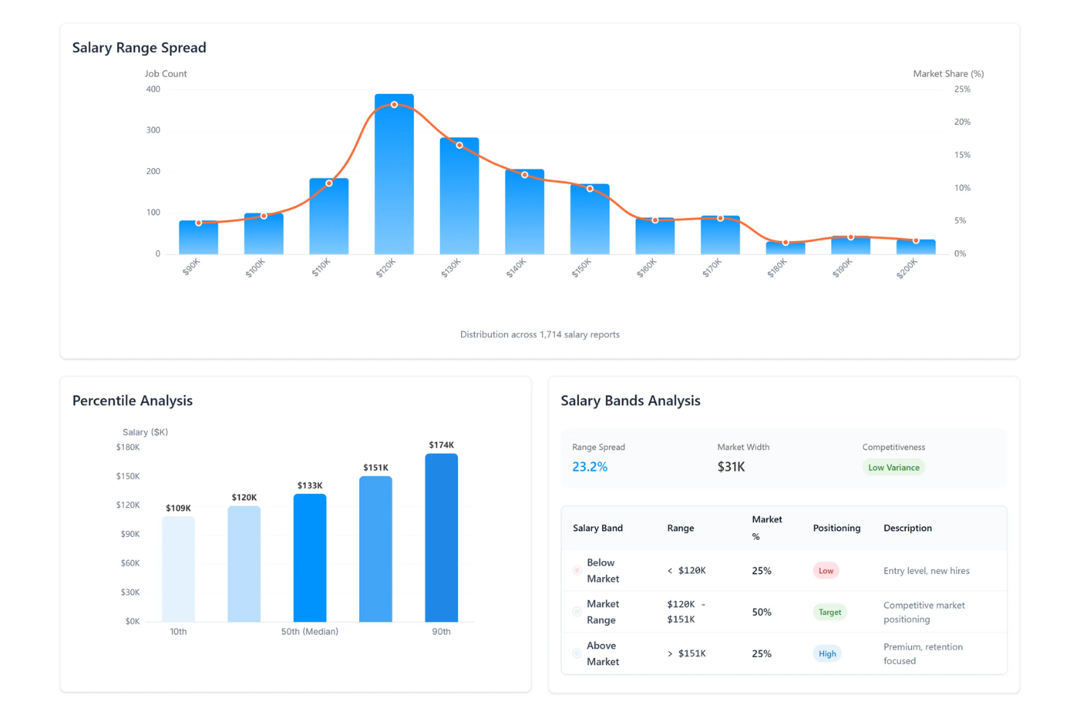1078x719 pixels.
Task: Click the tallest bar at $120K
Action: [394, 175]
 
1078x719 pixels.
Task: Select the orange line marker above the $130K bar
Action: [459, 146]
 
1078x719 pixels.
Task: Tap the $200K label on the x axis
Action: [908, 269]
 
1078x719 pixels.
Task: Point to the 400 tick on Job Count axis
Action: [153, 90]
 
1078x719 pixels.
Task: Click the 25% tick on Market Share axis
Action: [962, 90]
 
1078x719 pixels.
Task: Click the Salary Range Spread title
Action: [139, 48]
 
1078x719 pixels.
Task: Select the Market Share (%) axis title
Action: [948, 74]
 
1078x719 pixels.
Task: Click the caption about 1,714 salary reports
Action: [540, 334]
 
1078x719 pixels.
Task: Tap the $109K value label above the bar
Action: [178, 508]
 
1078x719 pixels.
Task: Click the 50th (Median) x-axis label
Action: [310, 632]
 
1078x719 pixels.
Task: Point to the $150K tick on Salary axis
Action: [128, 476]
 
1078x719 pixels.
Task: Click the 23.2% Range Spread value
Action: [589, 467]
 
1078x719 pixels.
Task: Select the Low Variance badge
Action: [893, 468]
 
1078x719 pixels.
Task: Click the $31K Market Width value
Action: [731, 467]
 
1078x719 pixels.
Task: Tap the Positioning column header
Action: [836, 528]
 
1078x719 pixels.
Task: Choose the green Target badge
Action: [829, 612]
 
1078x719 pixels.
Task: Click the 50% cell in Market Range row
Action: [761, 612]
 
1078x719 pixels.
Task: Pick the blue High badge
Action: [827, 653]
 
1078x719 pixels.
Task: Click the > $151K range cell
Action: [686, 653]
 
